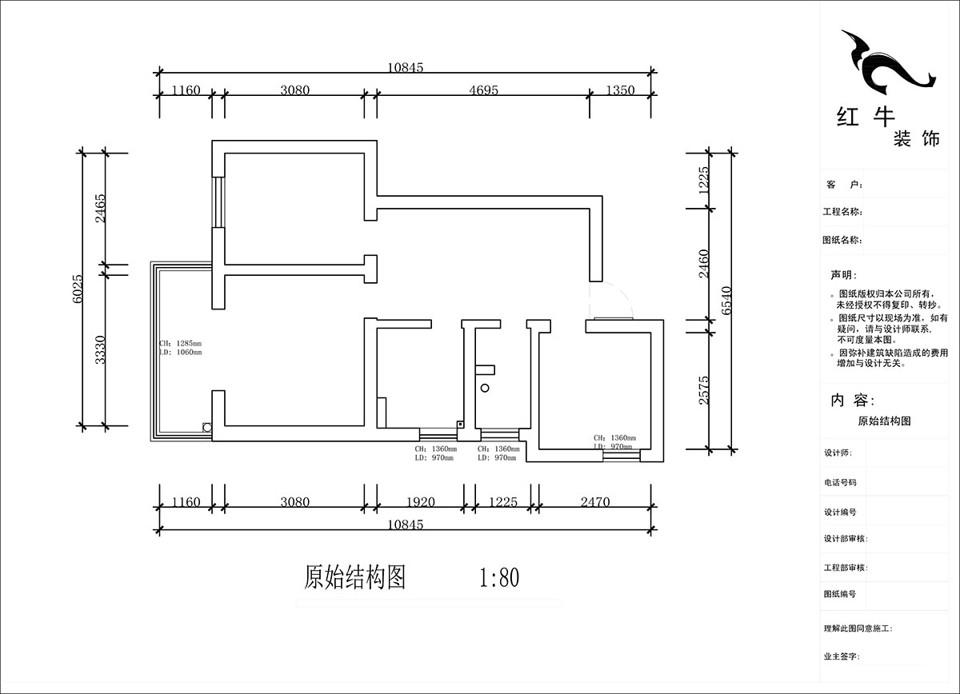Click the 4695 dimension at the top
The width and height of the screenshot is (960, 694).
coord(483,90)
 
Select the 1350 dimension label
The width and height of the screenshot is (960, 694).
coord(620,90)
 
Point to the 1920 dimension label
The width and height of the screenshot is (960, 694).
coord(421,502)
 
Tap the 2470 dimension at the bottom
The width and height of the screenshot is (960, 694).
coord(594,502)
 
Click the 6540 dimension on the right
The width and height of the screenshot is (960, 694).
coord(726,300)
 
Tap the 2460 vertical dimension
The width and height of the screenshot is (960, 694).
coord(704,265)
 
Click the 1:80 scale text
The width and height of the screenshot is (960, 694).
coord(499,577)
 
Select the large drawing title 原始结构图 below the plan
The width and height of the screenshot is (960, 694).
coord(355,577)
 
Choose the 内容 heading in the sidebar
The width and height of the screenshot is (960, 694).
coord(853,400)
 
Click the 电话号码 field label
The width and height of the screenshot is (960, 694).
coord(840,482)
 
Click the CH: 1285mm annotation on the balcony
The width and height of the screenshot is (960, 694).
coord(181,344)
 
